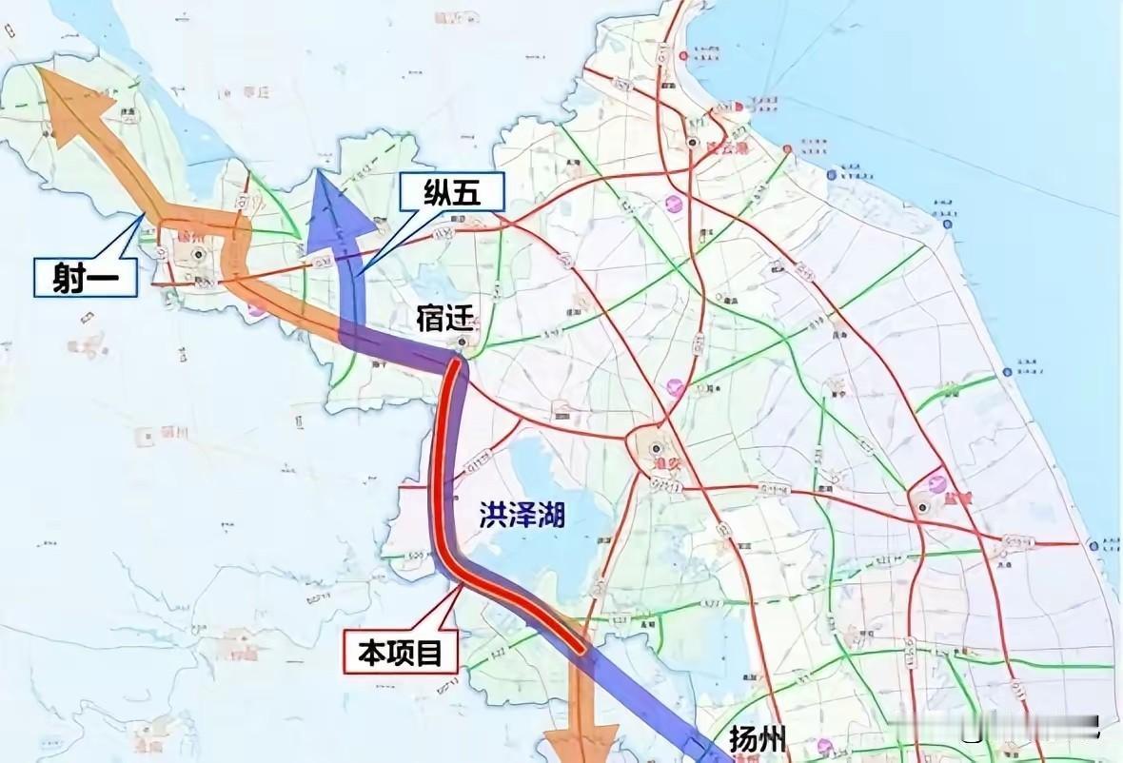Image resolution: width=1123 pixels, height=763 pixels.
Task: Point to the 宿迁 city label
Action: pyautogui.click(x=445, y=320)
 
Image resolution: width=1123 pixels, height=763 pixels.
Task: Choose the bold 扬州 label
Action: pyautogui.click(x=759, y=738)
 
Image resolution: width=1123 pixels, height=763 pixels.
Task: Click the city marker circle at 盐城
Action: pyautogui.click(x=922, y=507)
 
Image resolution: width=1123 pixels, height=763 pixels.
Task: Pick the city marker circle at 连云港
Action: pyautogui.click(x=693, y=142)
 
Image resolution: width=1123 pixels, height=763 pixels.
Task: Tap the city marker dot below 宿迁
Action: pyautogui.click(x=463, y=343)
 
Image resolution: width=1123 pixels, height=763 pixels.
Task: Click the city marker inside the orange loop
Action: pyautogui.click(x=198, y=254)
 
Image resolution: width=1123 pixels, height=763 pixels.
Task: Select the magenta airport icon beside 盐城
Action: pyautogui.click(x=937, y=484)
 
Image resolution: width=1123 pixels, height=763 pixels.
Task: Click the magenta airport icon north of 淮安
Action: pyautogui.click(x=677, y=386)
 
